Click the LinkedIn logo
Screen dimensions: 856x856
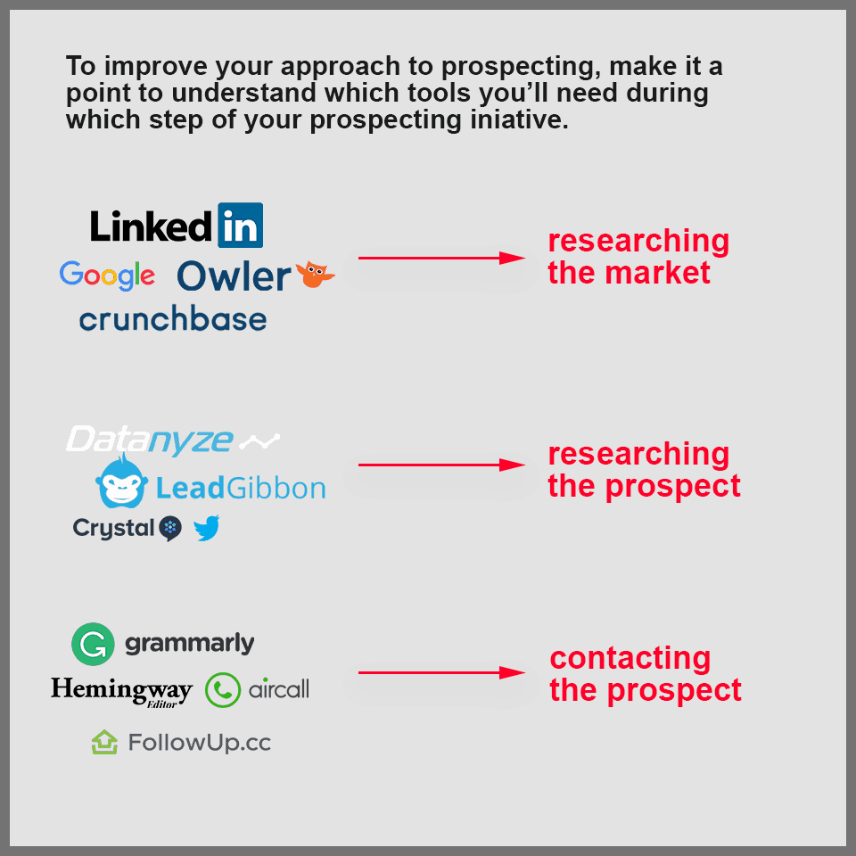click(x=177, y=226)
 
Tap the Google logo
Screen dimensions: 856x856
click(x=107, y=276)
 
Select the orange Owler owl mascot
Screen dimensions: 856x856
click(x=315, y=275)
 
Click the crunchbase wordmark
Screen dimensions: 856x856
click(x=173, y=319)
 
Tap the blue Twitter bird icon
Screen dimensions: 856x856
click(x=207, y=529)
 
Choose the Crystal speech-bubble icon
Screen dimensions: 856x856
click(x=170, y=529)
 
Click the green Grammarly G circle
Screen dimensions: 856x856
click(x=93, y=644)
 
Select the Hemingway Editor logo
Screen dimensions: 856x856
click(x=121, y=690)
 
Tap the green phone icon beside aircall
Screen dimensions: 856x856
click(x=223, y=689)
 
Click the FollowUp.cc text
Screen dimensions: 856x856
click(x=199, y=742)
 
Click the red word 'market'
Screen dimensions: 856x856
click(x=659, y=273)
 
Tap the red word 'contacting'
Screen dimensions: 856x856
click(x=630, y=658)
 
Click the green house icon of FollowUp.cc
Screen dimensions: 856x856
click(x=105, y=742)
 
